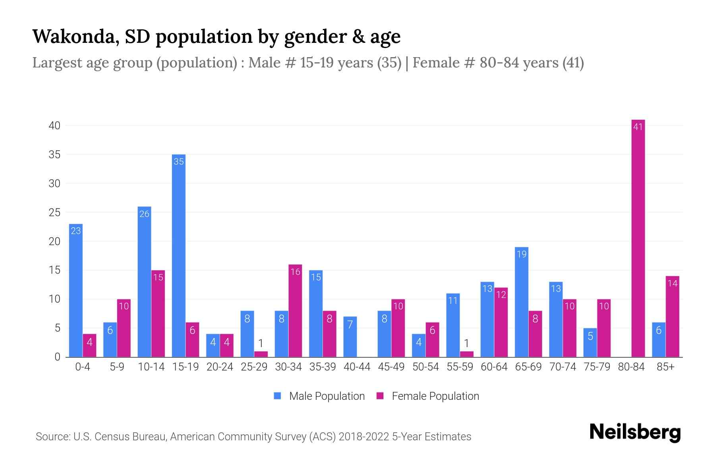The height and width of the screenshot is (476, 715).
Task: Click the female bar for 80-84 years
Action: pyautogui.click(x=638, y=238)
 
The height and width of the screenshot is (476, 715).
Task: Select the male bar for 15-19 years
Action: pyautogui.click(x=179, y=256)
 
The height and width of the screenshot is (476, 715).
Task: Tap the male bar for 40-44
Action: pyautogui.click(x=350, y=337)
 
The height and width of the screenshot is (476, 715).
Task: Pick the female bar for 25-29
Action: pyautogui.click(x=261, y=354)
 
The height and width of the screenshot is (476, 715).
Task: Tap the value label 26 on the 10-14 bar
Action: pyautogui.click(x=144, y=214)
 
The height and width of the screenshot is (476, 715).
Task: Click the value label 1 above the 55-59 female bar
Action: pyautogui.click(x=467, y=343)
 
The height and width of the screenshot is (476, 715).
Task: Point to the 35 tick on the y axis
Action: pyautogui.click(x=54, y=155)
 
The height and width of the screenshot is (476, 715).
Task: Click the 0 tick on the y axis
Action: pyautogui.click(x=57, y=357)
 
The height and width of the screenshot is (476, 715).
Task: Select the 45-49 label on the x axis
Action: pyautogui.click(x=391, y=367)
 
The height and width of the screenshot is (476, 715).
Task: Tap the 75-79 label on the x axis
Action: pyautogui.click(x=597, y=367)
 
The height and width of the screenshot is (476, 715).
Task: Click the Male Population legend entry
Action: pyautogui.click(x=327, y=396)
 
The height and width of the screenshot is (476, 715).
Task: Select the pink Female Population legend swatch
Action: pyautogui.click(x=380, y=396)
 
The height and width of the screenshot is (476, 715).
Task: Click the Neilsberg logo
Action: pyautogui.click(x=635, y=432)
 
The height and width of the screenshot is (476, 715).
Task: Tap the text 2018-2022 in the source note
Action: pyautogui.click(x=364, y=437)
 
